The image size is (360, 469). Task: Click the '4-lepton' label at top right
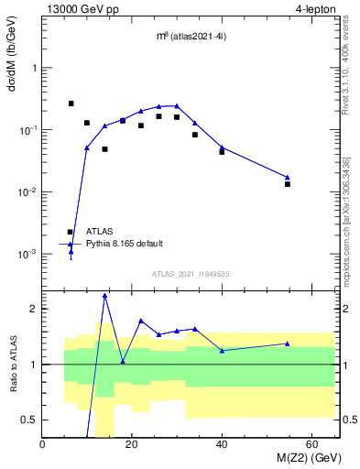pyautogui.click(x=314, y=9)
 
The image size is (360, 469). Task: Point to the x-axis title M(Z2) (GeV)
pyautogui.click(x=301, y=458)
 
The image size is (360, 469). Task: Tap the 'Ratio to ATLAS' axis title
pyautogui.click(x=12, y=363)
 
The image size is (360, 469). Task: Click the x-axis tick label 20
pyautogui.click(x=132, y=444)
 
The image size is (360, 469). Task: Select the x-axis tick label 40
pyautogui.click(x=222, y=444)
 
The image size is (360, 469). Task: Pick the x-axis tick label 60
pyautogui.click(x=311, y=444)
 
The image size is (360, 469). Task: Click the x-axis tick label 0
pyautogui.click(x=43, y=444)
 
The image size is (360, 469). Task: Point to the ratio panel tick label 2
pyautogui.click(x=33, y=309)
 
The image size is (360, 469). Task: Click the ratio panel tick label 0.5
pyautogui.click(x=29, y=420)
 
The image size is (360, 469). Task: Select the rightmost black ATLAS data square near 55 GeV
pyautogui.click(x=288, y=184)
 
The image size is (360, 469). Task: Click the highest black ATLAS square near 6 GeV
pyautogui.click(x=71, y=104)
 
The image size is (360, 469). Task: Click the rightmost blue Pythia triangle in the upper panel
pyautogui.click(x=288, y=177)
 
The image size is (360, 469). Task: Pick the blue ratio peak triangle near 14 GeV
pyautogui.click(x=105, y=295)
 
